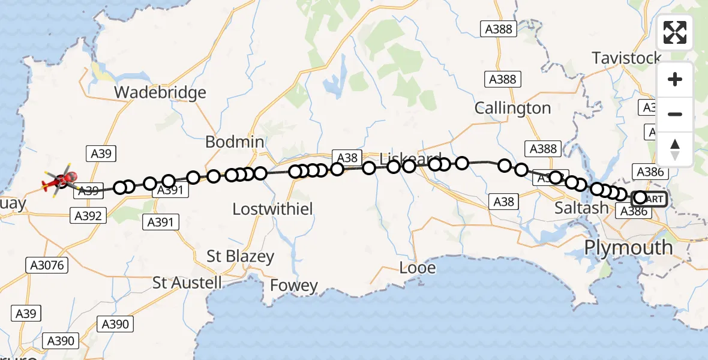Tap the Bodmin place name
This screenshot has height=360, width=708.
pos(235,142)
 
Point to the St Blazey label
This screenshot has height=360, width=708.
pos(240,256)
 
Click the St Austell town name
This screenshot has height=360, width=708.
pos(187,282)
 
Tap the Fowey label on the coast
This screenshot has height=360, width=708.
pos(294,286)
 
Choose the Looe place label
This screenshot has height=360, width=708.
pos(418,268)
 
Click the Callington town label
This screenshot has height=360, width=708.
pos(512,108)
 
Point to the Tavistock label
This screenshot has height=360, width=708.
pos(626,58)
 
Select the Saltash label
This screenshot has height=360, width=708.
pos(581,208)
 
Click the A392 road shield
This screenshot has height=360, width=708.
pos(88,215)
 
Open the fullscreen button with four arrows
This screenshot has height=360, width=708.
pos(675,32)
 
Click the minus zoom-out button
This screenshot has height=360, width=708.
pos(675,114)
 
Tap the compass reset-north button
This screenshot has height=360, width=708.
pos(675,149)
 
